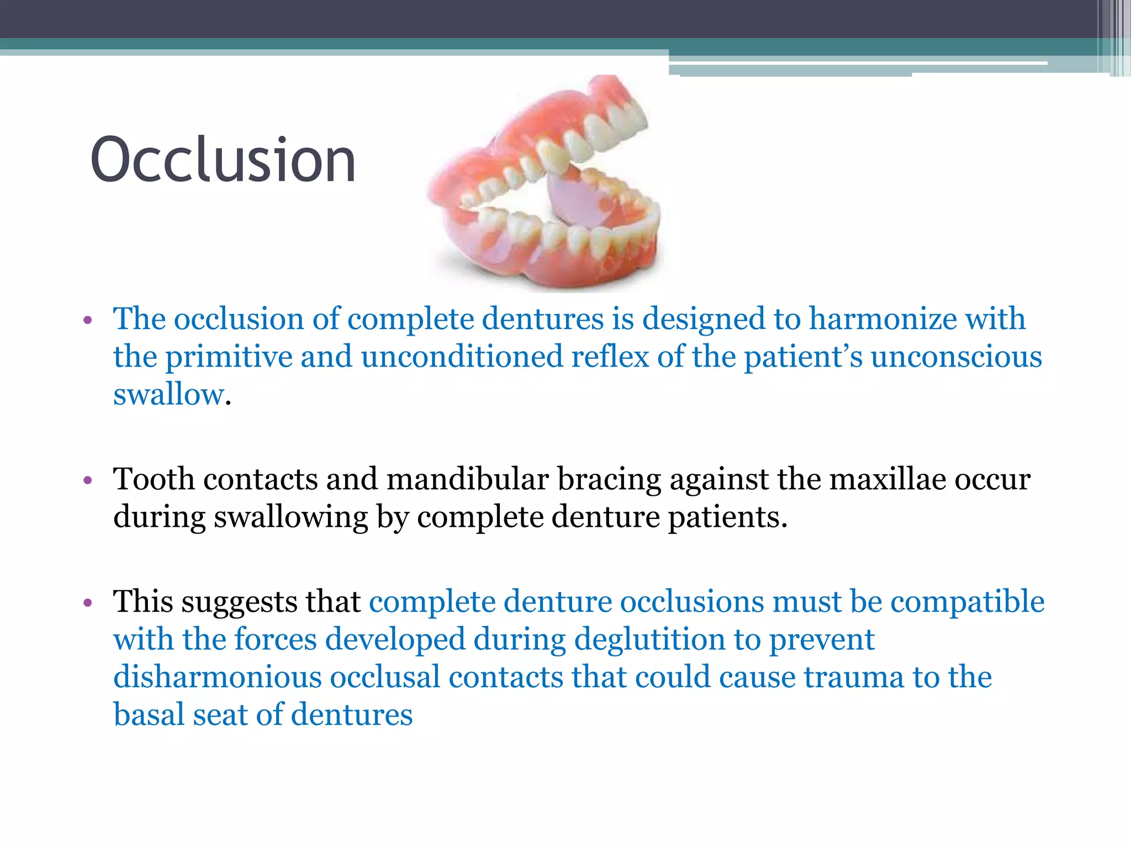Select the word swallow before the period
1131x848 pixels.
[168, 395]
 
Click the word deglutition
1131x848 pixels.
[649, 640]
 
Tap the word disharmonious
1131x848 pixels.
[217, 677]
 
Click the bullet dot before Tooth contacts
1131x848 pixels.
[87, 481]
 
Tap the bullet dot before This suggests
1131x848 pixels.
[87, 603]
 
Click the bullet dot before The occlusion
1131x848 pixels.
[87, 321]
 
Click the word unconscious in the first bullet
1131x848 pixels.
[956, 357]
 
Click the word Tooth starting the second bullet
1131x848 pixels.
[154, 479]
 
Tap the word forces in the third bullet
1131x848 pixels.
[275, 640]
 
